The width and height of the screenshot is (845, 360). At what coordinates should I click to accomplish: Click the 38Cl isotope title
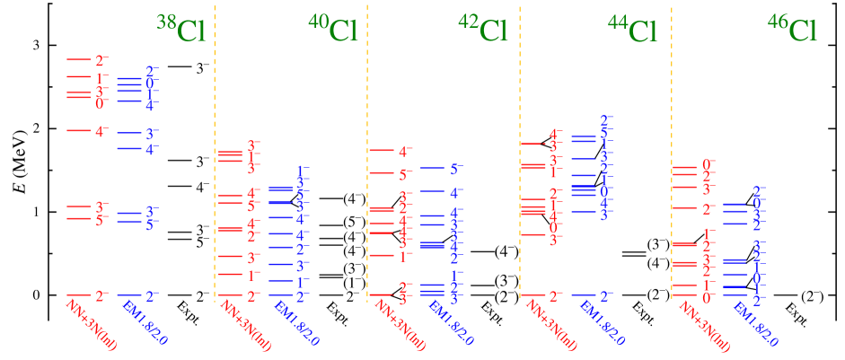(181, 30)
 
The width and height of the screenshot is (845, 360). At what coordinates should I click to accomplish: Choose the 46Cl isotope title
(792, 30)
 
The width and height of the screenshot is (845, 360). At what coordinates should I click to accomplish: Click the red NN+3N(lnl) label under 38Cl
(92, 325)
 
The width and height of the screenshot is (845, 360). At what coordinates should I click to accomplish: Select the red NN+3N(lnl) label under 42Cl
(400, 325)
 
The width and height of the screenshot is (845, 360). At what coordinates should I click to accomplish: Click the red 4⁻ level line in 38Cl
(79, 131)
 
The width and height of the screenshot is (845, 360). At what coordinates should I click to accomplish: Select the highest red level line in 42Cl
(382, 151)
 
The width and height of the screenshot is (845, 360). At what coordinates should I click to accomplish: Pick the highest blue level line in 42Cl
(431, 168)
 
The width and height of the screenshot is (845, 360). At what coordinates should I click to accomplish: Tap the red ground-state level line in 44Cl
(533, 294)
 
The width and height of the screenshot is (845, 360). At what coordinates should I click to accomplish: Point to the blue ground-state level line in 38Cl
(128, 294)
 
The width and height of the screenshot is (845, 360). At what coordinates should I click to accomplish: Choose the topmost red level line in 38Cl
(79, 59)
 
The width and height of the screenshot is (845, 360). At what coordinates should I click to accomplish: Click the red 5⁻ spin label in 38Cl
(101, 221)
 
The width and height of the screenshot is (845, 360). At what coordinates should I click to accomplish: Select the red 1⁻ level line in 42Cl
(382, 256)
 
